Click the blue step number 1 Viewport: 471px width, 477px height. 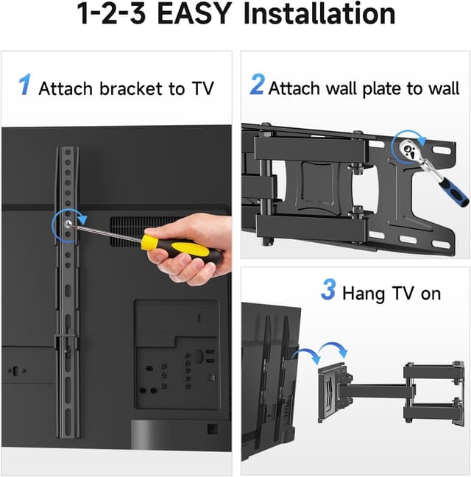click(x=25, y=85)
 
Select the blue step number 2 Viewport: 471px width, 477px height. click(x=257, y=85)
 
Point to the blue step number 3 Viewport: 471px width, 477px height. click(x=327, y=290)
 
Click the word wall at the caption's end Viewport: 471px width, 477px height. click(x=443, y=89)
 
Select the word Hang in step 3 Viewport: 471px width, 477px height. click(x=362, y=293)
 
